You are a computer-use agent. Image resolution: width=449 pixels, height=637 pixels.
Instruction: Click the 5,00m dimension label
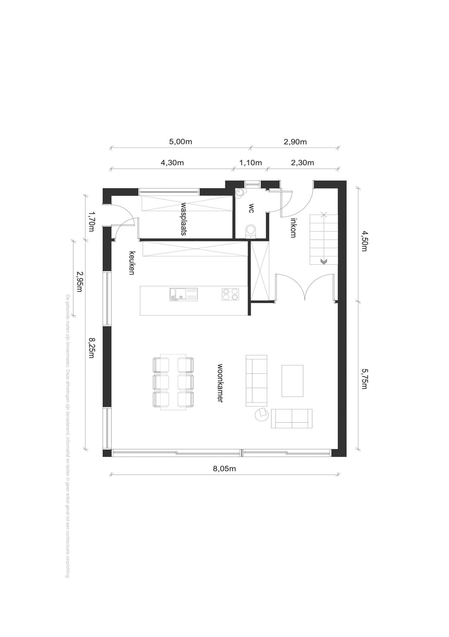tap(180, 142)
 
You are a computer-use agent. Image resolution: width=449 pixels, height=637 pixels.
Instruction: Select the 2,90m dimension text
tap(295, 142)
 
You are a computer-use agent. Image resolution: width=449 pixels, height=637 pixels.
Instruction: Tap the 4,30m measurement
tap(172, 163)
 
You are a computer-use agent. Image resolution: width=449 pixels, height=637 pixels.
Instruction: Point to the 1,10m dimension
tap(250, 163)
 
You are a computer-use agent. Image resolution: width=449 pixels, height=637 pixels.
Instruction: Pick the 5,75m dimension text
tap(364, 379)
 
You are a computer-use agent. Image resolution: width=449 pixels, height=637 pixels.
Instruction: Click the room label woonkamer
tap(220, 383)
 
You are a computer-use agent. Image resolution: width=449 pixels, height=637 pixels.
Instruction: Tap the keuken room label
tap(132, 263)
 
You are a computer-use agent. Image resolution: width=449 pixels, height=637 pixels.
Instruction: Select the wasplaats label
tap(183, 219)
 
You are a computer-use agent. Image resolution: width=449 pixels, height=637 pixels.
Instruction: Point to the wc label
tap(251, 208)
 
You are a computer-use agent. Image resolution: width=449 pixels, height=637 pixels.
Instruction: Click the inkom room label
tap(293, 228)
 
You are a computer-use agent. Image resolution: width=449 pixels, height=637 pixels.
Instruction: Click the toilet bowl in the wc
tap(251, 231)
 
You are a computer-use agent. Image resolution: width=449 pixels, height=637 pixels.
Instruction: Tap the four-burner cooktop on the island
tap(230, 294)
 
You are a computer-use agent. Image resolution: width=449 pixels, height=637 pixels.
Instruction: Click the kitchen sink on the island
tap(184, 294)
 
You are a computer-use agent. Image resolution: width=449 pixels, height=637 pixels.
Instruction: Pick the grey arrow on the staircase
tap(324, 261)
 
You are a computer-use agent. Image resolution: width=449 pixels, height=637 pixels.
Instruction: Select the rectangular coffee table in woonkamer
tap(292, 381)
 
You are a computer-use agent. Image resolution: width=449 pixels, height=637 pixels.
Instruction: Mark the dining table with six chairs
tap(173, 382)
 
